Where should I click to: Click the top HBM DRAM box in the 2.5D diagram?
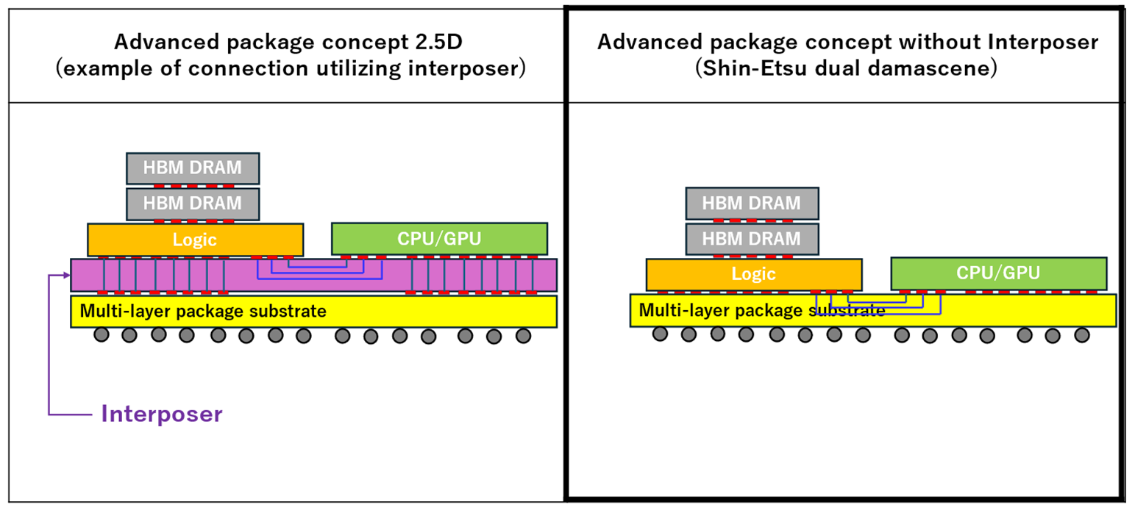pos(193,168)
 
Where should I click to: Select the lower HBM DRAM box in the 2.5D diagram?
pos(193,204)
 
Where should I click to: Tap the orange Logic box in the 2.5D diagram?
pos(195,240)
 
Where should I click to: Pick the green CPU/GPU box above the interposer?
pos(439,239)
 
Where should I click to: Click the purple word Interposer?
pos(162,414)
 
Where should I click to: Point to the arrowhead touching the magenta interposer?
pos(67,275)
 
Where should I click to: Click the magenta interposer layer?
pos(313,275)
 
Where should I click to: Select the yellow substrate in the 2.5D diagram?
pos(313,312)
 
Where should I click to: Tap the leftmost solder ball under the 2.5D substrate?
pos(102,335)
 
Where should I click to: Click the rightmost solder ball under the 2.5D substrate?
pos(523,336)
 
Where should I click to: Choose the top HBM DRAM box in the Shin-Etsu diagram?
pos(752,204)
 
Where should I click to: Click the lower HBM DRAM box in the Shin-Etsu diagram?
pos(752,239)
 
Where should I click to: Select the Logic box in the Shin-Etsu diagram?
pos(754,275)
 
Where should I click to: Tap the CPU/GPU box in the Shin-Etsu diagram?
pos(999,273)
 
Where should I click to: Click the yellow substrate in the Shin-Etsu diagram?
pos(873,310)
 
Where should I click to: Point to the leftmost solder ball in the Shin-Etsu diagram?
pos(660,334)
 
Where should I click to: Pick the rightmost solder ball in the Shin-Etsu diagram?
pos(1082,335)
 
